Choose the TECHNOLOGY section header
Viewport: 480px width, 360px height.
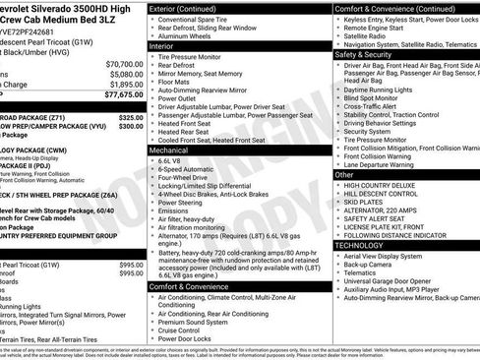(x=367, y=244)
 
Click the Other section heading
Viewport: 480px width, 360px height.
(x=344, y=174)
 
